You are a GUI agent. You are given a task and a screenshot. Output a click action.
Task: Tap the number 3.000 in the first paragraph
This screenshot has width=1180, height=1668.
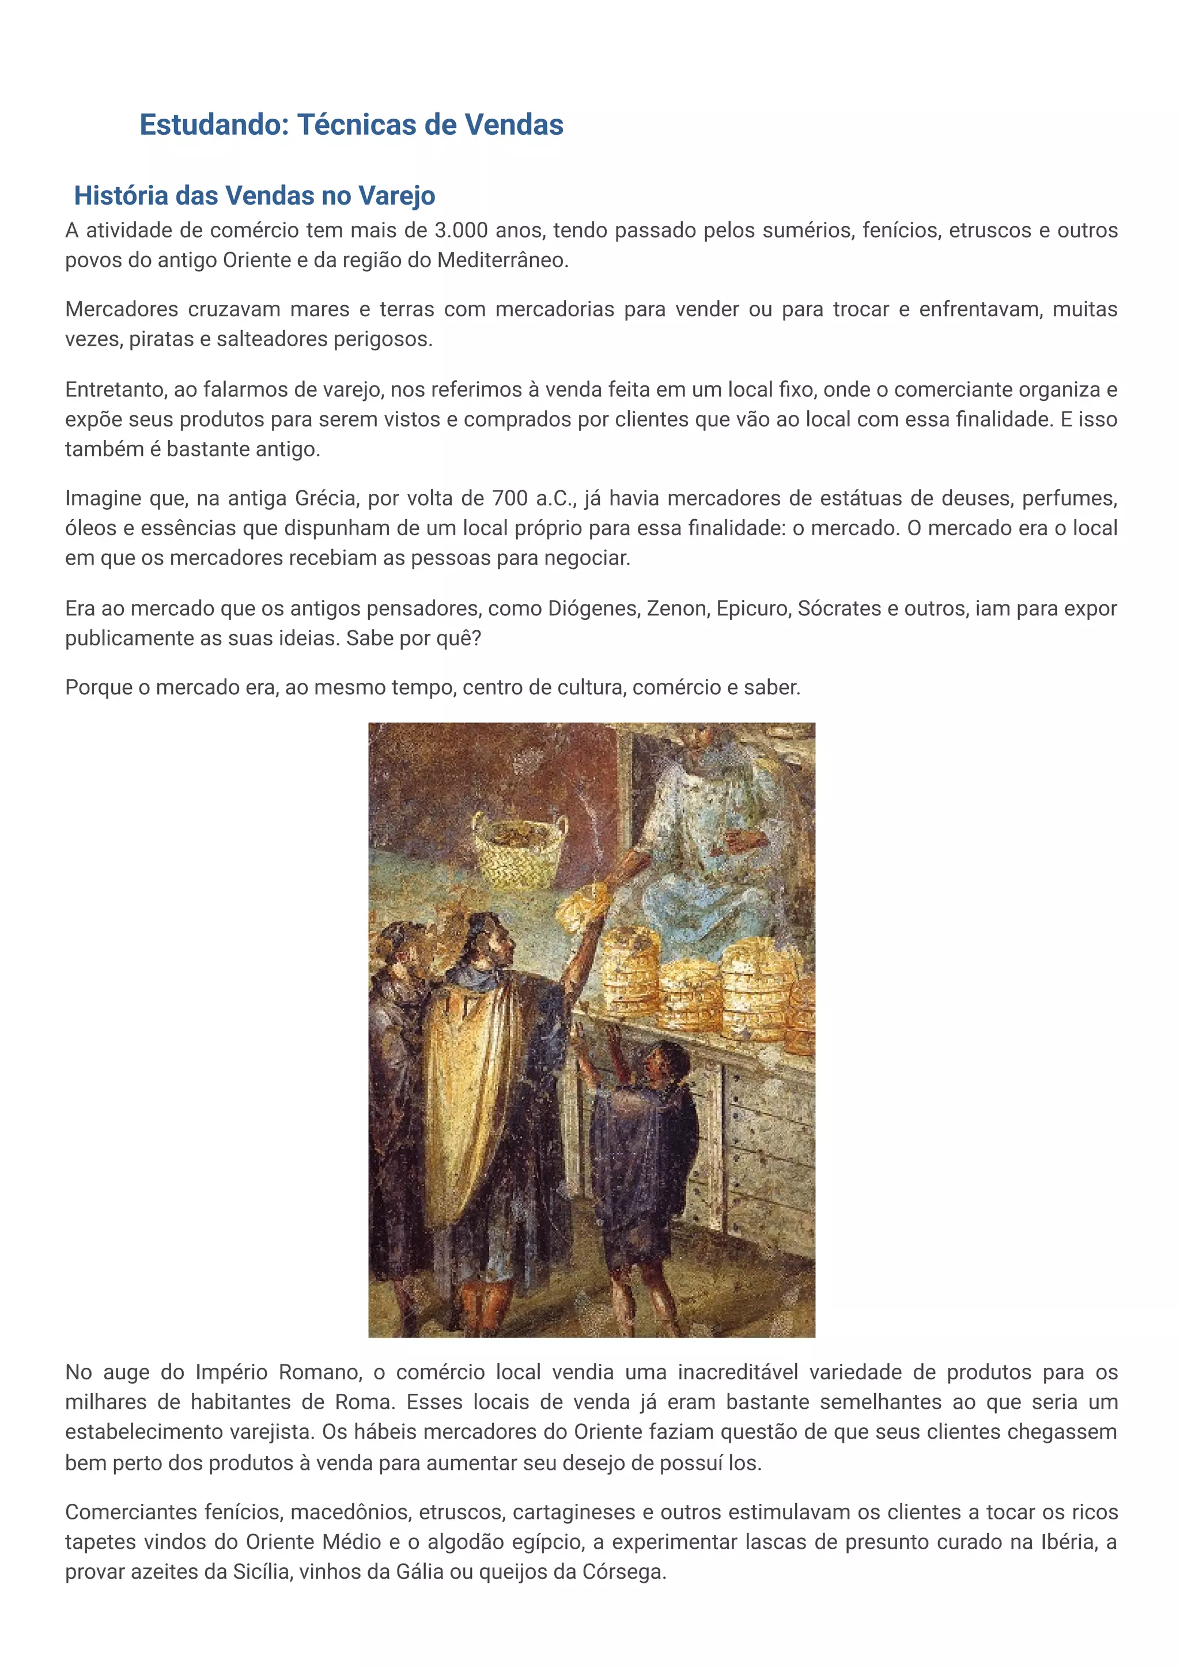(x=461, y=231)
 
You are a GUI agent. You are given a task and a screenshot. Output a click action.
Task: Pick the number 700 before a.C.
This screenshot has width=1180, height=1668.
(x=510, y=498)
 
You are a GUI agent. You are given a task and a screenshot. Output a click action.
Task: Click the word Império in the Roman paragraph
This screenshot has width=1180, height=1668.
(x=232, y=1373)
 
